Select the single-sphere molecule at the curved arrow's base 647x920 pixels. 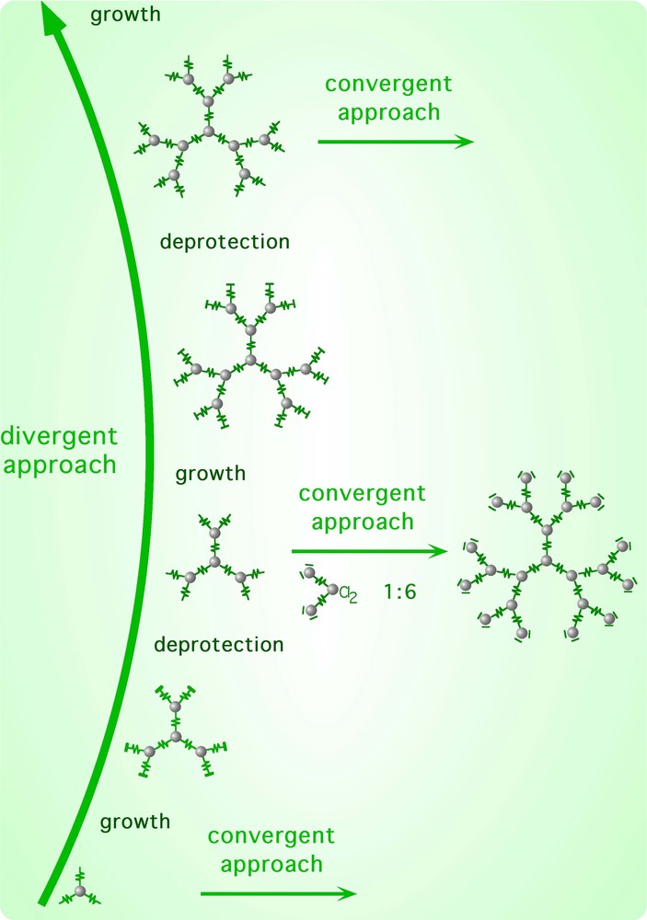[80, 891]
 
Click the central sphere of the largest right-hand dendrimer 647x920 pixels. [546, 560]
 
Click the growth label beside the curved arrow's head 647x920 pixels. [124, 16]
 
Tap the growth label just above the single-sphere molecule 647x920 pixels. [135, 822]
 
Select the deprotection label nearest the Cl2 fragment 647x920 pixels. [219, 644]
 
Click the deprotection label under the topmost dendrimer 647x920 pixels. [225, 242]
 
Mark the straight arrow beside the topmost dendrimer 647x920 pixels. [396, 142]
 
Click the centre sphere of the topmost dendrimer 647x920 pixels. [210, 132]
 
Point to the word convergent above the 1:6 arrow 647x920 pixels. [363, 493]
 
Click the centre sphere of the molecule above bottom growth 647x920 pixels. [174, 738]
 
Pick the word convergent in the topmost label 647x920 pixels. [389, 84]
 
